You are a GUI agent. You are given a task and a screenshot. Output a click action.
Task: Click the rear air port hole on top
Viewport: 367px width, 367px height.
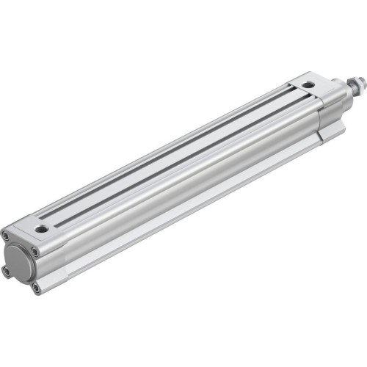[43, 229]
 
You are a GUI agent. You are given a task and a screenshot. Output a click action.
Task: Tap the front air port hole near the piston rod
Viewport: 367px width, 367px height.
[309, 85]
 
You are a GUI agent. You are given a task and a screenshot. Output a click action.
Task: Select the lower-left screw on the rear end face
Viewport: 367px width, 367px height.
[7, 271]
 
